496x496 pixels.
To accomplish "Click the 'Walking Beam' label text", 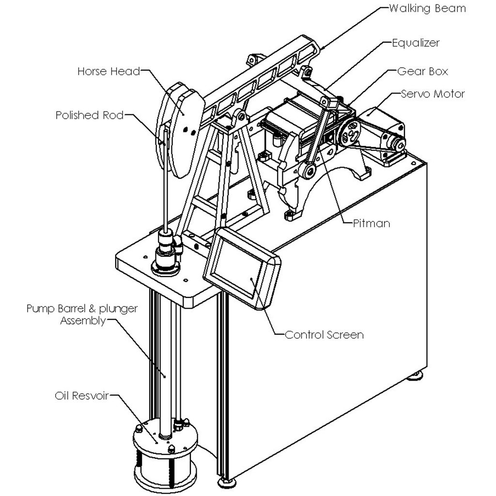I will tap(427, 8).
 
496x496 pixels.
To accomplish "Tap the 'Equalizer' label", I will tap(416, 43).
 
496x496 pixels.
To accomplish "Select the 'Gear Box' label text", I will tap(422, 71).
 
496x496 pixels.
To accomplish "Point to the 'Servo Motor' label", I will tap(433, 93).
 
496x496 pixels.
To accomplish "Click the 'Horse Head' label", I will tap(108, 72).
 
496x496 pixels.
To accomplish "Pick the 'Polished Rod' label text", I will tap(89, 115).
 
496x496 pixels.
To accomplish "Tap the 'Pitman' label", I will tap(372, 223).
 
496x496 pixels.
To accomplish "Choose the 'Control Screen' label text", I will tap(324, 335).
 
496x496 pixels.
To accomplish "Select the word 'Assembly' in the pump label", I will tap(82, 321).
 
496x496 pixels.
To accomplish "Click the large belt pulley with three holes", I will tap(350, 131).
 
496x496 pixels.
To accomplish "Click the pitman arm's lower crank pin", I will tap(306, 170).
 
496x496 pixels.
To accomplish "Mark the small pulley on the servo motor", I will tap(398, 143).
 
